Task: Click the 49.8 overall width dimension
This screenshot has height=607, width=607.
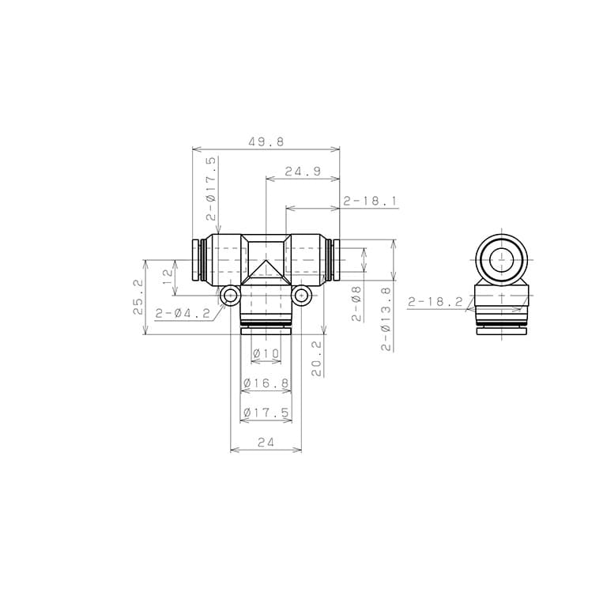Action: point(266,142)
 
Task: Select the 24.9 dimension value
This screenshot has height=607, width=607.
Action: point(303,172)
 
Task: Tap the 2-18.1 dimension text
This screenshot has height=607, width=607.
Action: point(370,202)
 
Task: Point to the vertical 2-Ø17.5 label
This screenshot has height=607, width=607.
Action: point(211,189)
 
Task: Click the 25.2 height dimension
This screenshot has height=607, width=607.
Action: point(138,297)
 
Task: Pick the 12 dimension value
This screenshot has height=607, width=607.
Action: point(168,277)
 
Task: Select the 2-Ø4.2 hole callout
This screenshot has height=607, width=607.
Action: point(183,313)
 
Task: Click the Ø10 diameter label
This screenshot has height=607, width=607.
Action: point(266,353)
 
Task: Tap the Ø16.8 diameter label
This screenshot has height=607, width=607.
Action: point(266,383)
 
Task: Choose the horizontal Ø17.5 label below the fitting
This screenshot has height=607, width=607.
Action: point(266,413)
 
